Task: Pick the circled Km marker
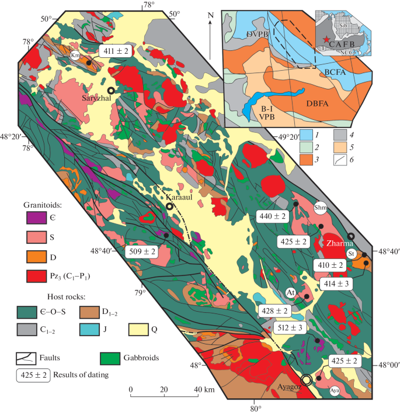click(x=75, y=54)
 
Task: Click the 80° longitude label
click(x=255, y=408)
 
